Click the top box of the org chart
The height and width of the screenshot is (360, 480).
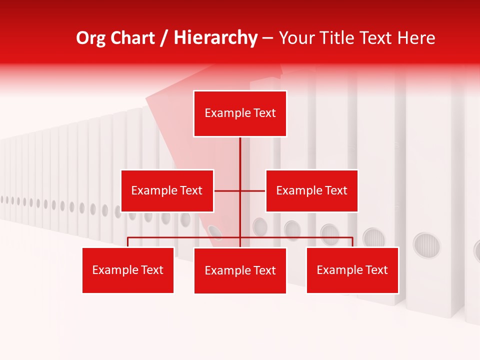tap(240, 113)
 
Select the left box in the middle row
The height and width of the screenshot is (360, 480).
tap(167, 190)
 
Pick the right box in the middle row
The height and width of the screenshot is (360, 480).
tap(311, 190)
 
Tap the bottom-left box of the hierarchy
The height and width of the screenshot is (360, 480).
tap(128, 270)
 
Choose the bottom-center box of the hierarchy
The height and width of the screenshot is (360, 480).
tap(240, 270)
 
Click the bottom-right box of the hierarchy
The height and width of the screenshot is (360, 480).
tap(352, 270)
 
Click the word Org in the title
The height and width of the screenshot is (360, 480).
tap(90, 38)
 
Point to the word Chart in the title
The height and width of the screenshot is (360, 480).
tap(132, 38)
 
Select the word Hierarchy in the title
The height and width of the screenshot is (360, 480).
tap(215, 38)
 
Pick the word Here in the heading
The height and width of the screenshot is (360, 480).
tap(416, 38)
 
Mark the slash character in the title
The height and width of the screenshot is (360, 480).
tap(164, 38)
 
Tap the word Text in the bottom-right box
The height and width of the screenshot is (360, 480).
tap(376, 270)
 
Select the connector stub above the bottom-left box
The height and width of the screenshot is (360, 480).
tap(128, 242)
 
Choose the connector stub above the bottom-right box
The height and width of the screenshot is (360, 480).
tap(352, 242)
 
